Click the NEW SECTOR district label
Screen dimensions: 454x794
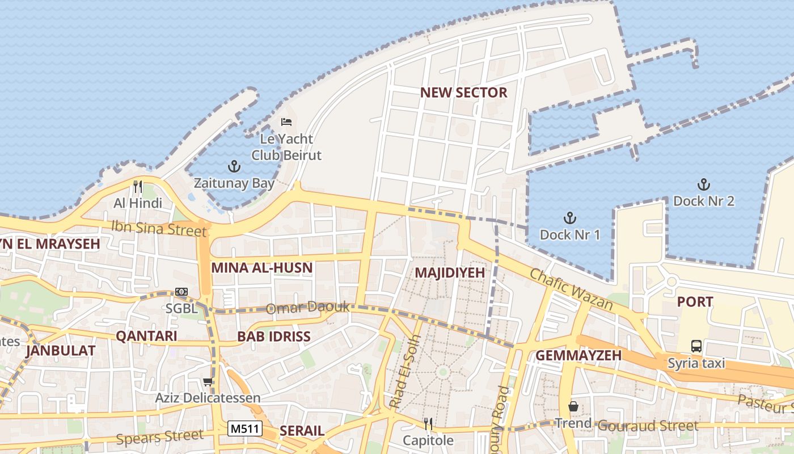click(463, 93)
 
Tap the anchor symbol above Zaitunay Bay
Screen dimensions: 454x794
click(234, 166)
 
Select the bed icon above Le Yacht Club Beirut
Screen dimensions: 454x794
click(286, 121)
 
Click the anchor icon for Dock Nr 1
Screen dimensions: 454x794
click(569, 218)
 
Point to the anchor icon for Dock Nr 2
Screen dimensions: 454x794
click(703, 184)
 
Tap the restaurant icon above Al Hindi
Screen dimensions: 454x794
click(137, 186)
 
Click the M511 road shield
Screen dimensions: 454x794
click(245, 428)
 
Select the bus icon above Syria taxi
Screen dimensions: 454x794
click(696, 346)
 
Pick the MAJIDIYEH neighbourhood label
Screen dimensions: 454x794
click(450, 272)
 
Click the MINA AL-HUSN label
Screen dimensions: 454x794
click(261, 268)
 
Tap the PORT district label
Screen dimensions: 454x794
click(695, 302)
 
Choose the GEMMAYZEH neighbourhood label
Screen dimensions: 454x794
click(578, 355)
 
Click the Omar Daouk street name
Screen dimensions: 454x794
click(309, 308)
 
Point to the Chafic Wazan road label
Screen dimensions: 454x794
click(571, 290)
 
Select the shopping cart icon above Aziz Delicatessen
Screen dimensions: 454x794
click(208, 382)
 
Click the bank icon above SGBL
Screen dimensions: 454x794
click(181, 292)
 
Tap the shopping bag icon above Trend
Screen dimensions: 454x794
click(573, 406)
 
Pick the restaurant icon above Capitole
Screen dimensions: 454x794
click(428, 423)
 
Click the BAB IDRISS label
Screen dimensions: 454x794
click(274, 337)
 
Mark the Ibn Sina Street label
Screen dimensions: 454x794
click(159, 228)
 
